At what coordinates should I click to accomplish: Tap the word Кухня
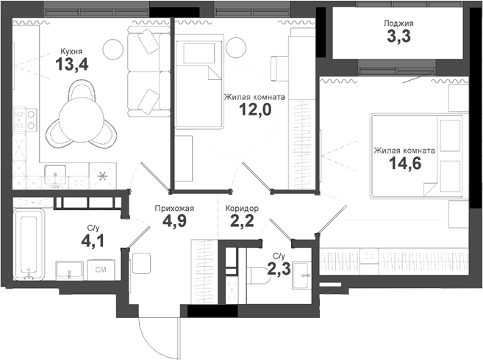[71, 52]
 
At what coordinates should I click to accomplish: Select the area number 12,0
[255, 110]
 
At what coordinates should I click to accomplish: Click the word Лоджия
[398, 23]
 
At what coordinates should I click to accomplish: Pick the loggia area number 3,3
[398, 37]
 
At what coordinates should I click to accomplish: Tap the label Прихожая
[173, 208]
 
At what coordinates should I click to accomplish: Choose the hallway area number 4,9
[173, 222]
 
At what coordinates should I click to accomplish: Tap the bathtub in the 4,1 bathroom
[28, 242]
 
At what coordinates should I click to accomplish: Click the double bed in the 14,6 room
[412, 155]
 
